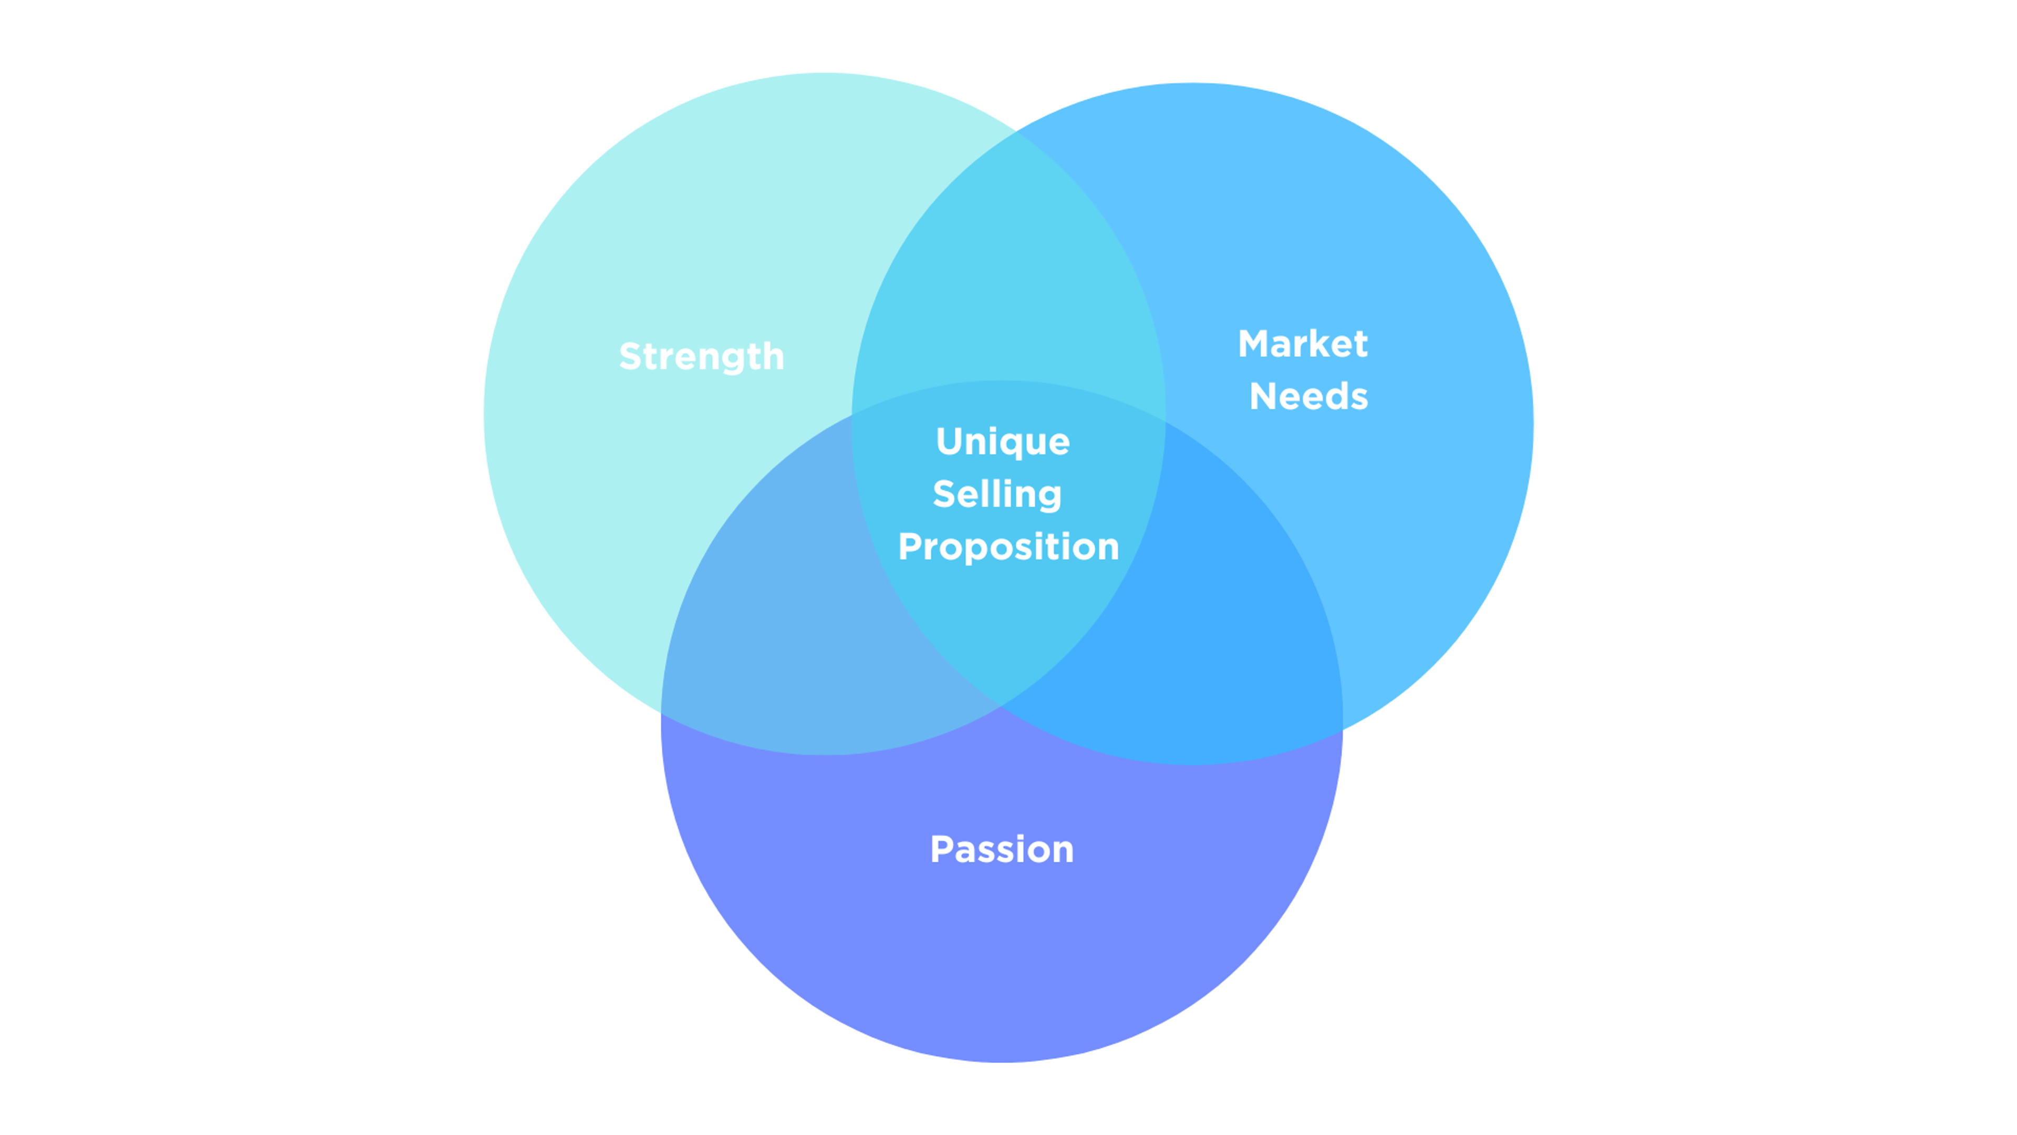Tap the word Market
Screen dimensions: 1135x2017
(x=1302, y=344)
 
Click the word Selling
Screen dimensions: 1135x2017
(x=997, y=494)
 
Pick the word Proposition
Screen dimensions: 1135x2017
(x=1008, y=546)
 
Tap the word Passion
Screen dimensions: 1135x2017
(x=1002, y=849)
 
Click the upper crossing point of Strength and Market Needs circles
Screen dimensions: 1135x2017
(x=1017, y=132)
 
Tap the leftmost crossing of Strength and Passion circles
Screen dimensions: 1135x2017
(x=662, y=714)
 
